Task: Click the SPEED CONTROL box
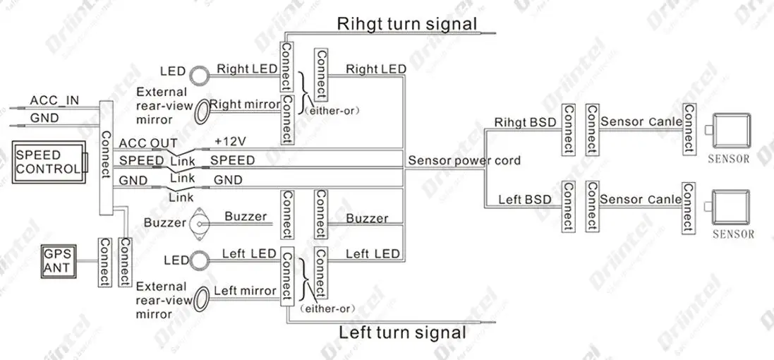click(49, 162)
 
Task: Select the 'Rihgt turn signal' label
click(406, 23)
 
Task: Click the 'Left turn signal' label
click(402, 332)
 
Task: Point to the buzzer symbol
click(200, 224)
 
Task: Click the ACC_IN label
click(54, 100)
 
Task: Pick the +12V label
click(230, 141)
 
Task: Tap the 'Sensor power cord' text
click(464, 160)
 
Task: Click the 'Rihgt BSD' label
click(525, 122)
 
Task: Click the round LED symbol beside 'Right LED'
click(199, 73)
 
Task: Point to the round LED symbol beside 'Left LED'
click(199, 260)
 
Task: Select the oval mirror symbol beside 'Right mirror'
click(200, 112)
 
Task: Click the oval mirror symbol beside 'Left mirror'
click(200, 299)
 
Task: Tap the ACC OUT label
click(140, 143)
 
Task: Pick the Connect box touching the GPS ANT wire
click(104, 262)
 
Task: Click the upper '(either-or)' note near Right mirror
click(331, 112)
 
